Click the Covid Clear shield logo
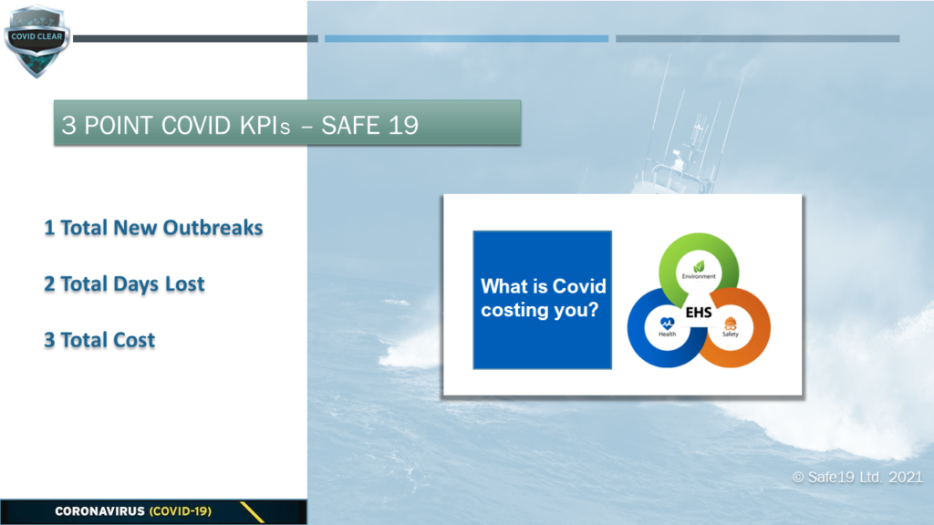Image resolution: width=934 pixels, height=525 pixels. click(36, 41)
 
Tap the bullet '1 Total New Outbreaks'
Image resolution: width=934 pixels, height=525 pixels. click(153, 228)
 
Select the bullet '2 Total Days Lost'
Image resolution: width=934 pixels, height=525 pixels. click(124, 284)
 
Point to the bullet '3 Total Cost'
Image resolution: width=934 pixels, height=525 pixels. click(99, 341)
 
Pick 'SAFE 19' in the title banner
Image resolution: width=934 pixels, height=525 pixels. click(370, 126)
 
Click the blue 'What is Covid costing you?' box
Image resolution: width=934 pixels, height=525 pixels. click(542, 300)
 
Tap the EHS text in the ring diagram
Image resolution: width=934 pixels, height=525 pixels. click(699, 313)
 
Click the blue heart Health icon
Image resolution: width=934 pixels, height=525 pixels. click(667, 324)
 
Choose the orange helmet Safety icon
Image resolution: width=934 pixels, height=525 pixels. click(731, 324)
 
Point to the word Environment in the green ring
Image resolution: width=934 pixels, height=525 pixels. click(699, 276)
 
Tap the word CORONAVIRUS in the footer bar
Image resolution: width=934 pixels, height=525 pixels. click(100, 511)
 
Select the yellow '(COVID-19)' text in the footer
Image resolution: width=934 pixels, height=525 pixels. click(181, 511)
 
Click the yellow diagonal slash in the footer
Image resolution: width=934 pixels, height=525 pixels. click(252, 512)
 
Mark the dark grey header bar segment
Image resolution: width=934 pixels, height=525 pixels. click(195, 38)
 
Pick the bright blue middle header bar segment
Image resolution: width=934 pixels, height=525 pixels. click(466, 38)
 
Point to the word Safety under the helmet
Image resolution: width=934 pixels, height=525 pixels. click(731, 334)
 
